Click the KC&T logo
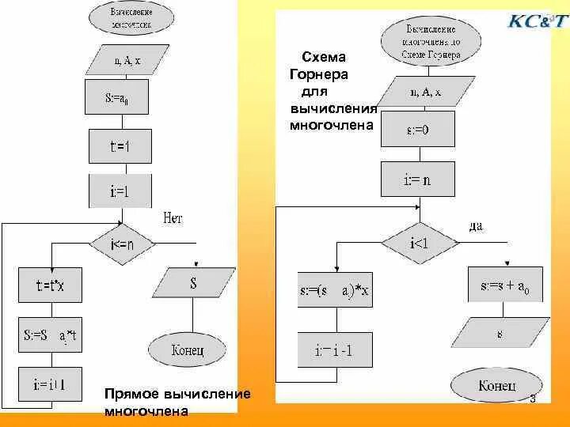[537, 21]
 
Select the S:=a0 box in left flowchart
[121, 99]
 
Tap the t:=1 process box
[121, 146]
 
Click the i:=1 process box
[121, 191]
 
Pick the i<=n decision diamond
[122, 244]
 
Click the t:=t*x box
[51, 285]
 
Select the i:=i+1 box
[51, 385]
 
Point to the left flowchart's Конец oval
[188, 349]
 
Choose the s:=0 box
[418, 130]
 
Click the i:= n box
[418, 179]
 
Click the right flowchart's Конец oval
[498, 386]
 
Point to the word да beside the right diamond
[476, 226]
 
